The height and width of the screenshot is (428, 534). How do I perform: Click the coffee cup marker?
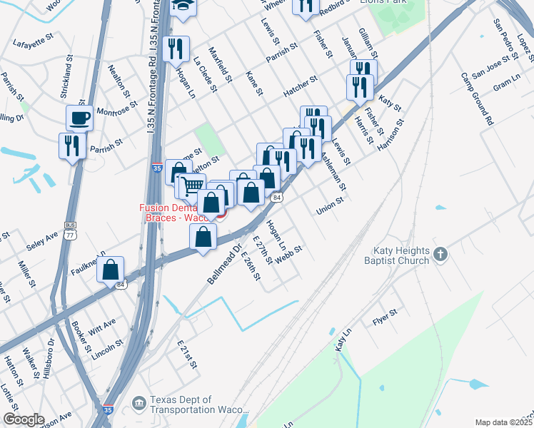(x=79, y=118)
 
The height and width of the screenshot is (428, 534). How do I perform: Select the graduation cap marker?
(x=184, y=8)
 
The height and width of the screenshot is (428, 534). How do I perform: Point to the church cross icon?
(x=440, y=253)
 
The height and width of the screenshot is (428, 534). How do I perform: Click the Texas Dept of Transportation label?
(x=197, y=405)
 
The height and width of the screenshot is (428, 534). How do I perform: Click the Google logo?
(x=24, y=419)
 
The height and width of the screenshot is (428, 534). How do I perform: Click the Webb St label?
(x=288, y=255)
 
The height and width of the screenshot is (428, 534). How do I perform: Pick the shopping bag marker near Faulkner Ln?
(x=111, y=270)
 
